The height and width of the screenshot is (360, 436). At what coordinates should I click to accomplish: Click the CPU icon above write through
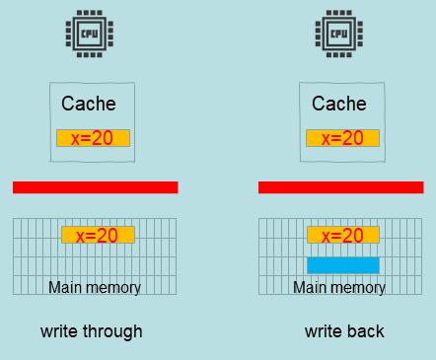pos(89,35)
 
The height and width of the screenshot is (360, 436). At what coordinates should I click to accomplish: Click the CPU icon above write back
pos(338,35)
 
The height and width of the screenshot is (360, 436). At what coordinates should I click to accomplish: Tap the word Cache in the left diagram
pos(89,104)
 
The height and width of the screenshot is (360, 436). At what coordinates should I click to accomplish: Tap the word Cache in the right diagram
pos(339,104)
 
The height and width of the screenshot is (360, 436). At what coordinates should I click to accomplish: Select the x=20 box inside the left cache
pos(94,138)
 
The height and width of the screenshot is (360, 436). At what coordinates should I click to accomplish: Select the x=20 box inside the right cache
pos(343,138)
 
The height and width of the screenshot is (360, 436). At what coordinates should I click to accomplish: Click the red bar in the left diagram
pos(95,187)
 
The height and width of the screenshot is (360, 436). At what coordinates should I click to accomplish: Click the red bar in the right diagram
pos(340,187)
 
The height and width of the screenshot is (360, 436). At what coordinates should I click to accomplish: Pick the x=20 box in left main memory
pos(98,235)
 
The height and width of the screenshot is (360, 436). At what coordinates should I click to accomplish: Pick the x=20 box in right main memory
pos(343,235)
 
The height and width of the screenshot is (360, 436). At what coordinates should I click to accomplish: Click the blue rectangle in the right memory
pos(343,264)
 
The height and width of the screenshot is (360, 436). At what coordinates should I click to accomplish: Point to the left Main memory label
pos(95,288)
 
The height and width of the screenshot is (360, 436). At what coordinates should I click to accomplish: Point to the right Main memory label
pos(339,288)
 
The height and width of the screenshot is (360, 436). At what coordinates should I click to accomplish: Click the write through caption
pos(92,331)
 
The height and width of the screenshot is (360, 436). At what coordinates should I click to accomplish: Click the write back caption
pos(344,331)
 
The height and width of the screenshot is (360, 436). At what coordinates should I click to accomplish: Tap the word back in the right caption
pos(365,331)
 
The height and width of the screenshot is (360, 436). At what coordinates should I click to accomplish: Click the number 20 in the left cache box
pos(103,138)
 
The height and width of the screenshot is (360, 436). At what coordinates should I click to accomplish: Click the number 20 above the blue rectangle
pos(353,235)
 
